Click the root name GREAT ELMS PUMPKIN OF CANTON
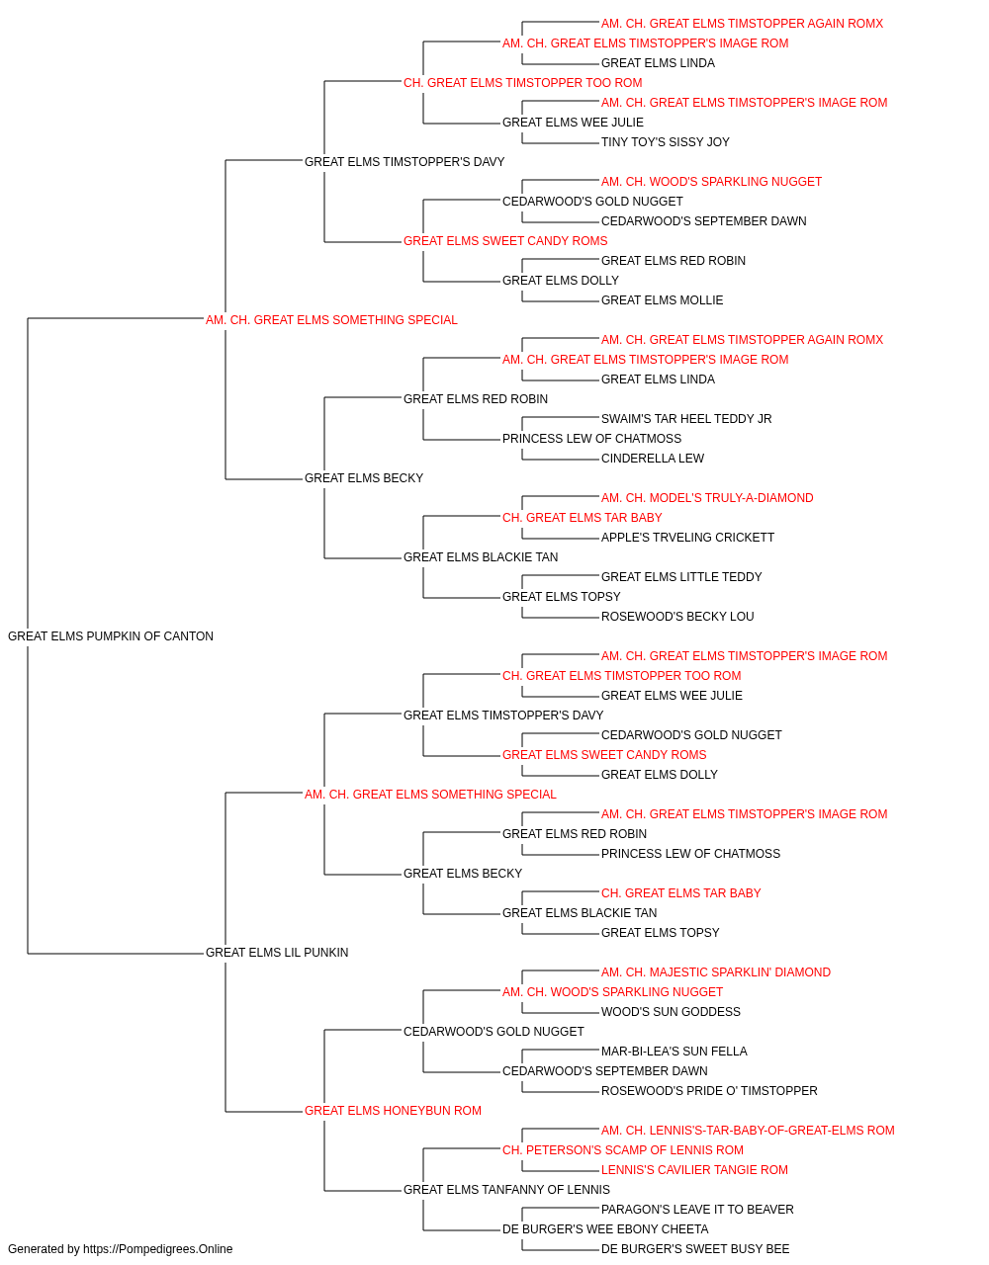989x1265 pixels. click(x=111, y=636)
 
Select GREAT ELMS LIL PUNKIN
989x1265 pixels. click(x=277, y=953)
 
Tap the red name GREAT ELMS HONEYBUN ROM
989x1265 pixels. click(x=393, y=1110)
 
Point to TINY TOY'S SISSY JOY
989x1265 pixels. click(x=666, y=142)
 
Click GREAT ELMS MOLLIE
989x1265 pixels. click(x=662, y=300)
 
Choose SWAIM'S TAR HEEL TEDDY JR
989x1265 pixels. click(x=686, y=419)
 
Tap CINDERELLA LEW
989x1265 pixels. click(x=653, y=459)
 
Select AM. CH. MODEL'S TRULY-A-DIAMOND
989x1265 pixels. click(x=707, y=498)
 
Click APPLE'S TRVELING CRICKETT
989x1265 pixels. click(x=687, y=538)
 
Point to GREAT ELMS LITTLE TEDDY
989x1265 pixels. click(x=681, y=577)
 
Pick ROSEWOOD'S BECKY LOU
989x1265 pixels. click(x=677, y=617)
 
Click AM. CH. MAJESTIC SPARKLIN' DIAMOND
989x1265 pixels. click(x=716, y=972)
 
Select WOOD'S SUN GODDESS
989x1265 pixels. click(x=671, y=1012)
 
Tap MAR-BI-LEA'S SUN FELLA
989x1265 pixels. click(x=674, y=1052)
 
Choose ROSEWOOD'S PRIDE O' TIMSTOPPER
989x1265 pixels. click(x=709, y=1091)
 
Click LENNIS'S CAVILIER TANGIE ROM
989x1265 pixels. click(x=694, y=1169)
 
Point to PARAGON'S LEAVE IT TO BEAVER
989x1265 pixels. click(x=697, y=1209)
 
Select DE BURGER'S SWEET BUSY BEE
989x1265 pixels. click(x=695, y=1249)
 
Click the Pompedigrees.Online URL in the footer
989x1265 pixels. click(x=158, y=1249)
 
